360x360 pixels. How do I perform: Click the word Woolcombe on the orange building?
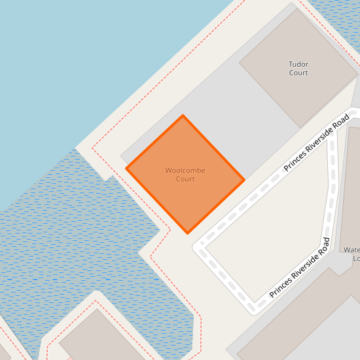(x=185, y=170)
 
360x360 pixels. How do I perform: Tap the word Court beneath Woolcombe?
(x=185, y=179)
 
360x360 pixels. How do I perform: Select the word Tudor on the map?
(x=298, y=64)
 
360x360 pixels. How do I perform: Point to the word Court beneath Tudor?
(x=298, y=73)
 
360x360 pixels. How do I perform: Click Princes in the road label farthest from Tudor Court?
(x=280, y=286)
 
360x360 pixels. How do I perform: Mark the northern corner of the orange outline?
(x=183, y=116)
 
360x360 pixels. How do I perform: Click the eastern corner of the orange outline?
(x=244, y=180)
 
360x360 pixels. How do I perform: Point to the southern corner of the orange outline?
(x=188, y=233)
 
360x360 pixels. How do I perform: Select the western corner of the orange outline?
(x=126, y=169)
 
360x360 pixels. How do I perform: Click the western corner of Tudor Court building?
(x=239, y=63)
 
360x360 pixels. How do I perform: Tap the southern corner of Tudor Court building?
(x=302, y=128)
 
